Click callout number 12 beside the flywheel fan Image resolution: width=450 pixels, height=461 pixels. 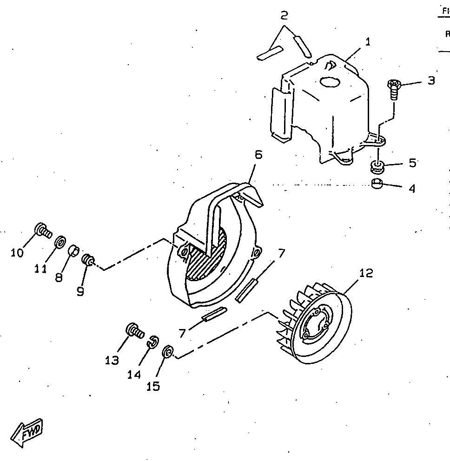(366, 273)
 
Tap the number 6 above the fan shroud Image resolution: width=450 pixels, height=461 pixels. (258, 155)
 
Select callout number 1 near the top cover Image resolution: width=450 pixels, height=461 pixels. (368, 42)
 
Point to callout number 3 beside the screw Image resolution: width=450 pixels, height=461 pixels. (431, 80)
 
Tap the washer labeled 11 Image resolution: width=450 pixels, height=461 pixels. (60, 242)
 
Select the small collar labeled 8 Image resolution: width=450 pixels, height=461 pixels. (73, 251)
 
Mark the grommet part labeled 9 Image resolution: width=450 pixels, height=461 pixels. (87, 260)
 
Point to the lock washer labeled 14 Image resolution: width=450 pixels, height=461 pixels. (152, 342)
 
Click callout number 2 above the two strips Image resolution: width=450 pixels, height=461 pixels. (284, 16)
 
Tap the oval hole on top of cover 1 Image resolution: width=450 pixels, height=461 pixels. (330, 82)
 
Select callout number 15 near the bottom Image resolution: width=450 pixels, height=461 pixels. (153, 386)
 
